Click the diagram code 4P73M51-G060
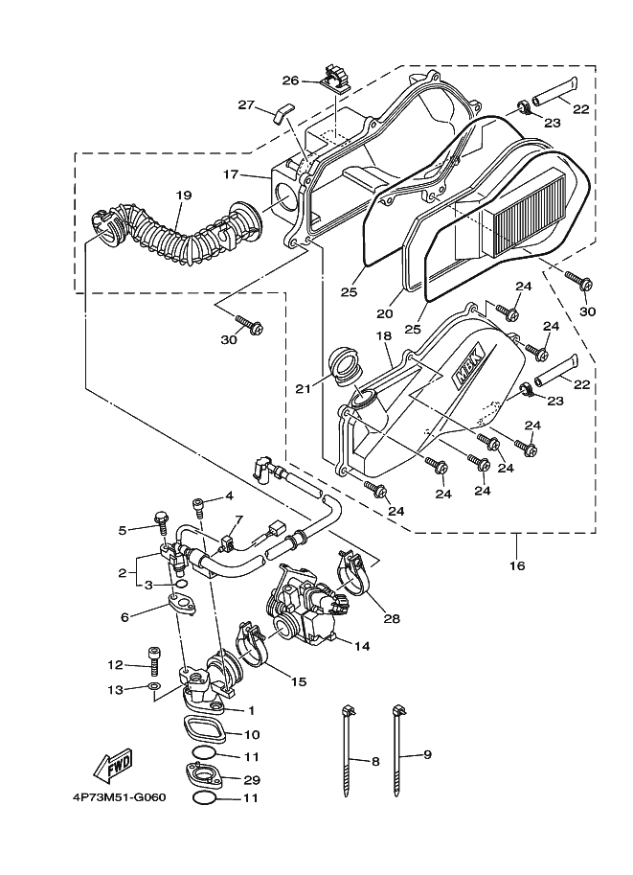coord(120,796)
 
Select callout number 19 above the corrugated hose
coord(184,196)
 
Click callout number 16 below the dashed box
coord(517,565)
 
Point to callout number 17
coord(231,174)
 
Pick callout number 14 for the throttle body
coord(362,646)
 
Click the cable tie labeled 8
coord(347,752)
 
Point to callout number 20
coord(384,313)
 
